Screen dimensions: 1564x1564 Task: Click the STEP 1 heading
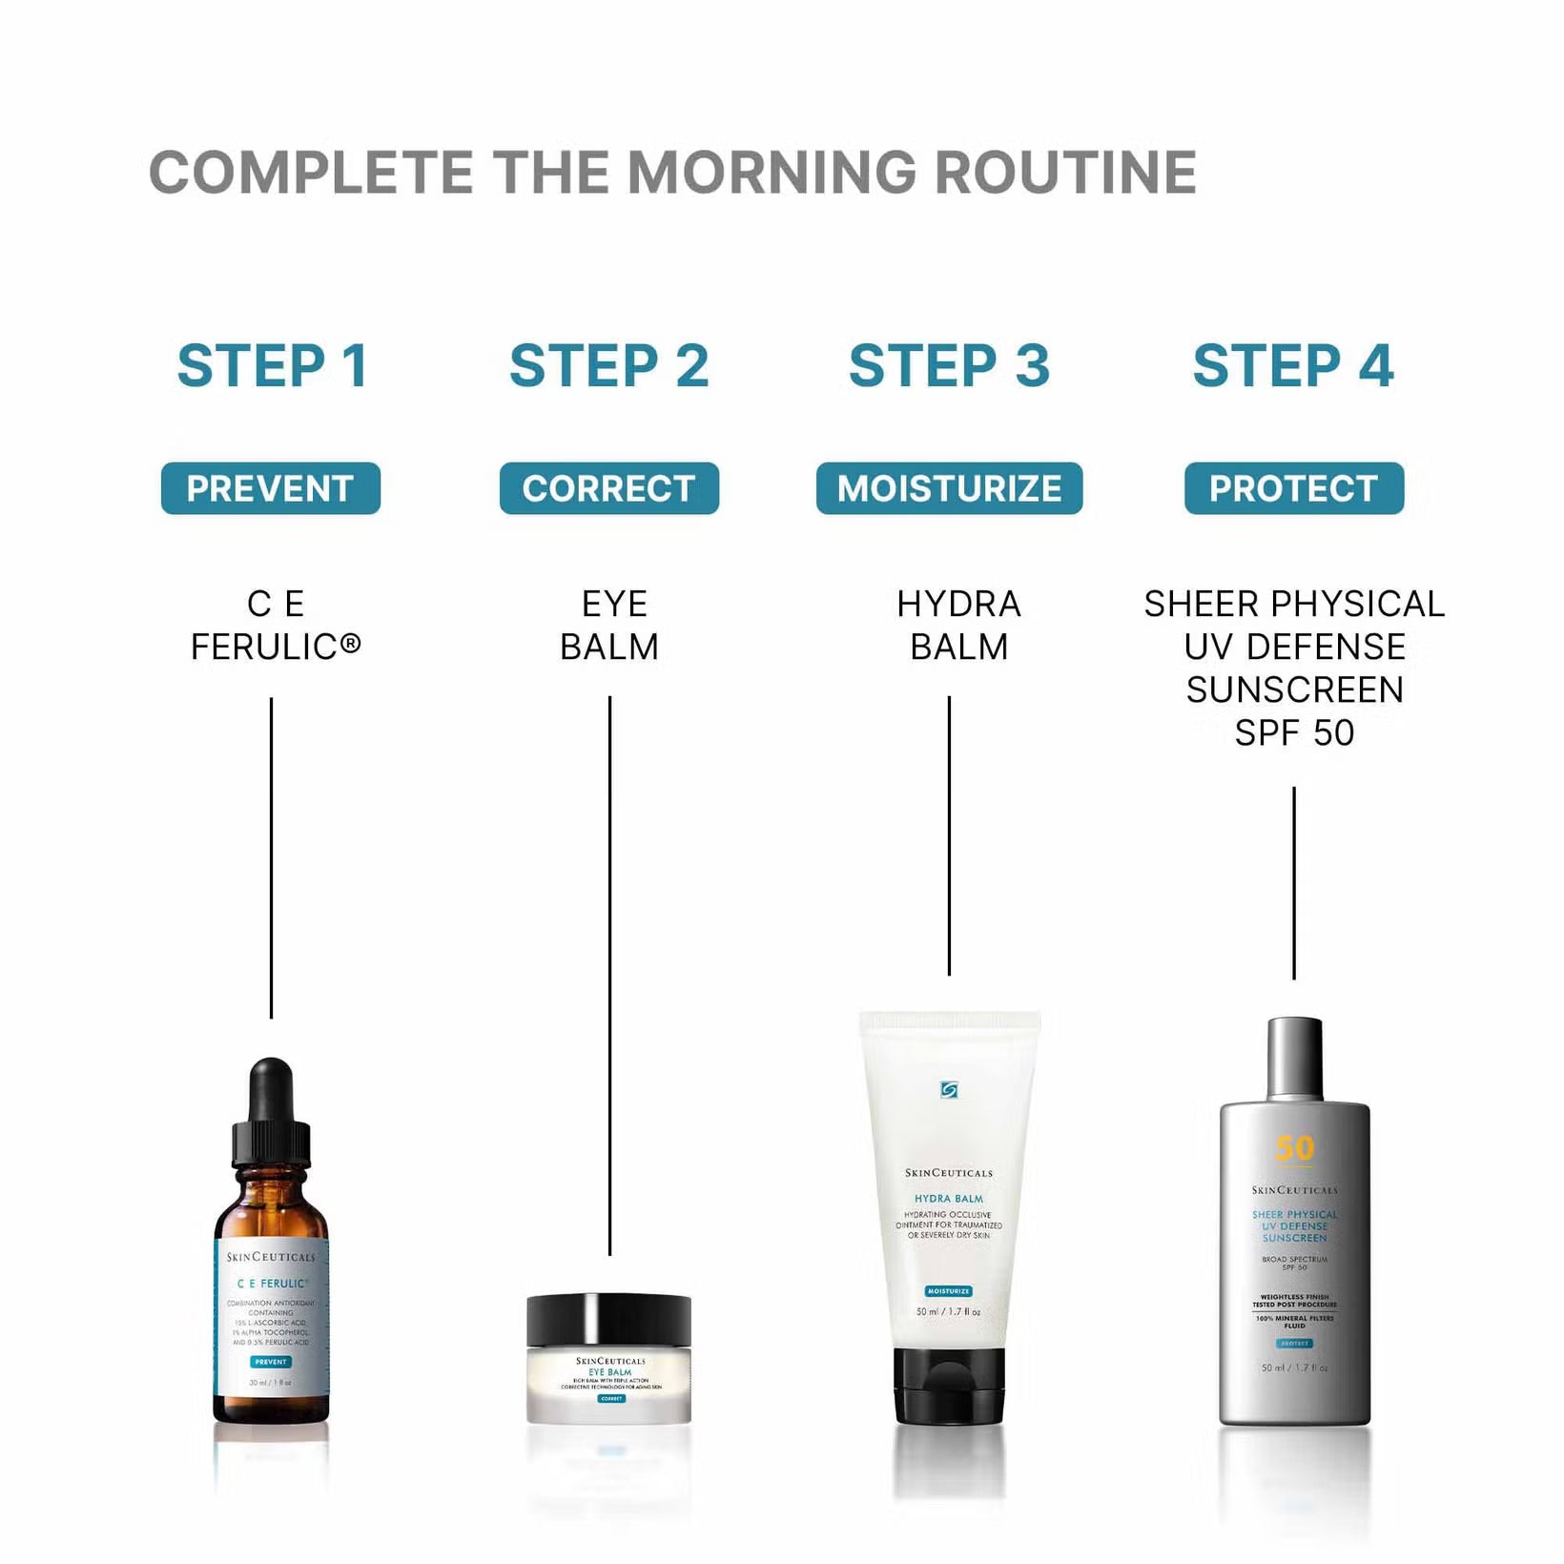click(x=273, y=366)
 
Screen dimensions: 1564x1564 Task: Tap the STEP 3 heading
click(x=949, y=366)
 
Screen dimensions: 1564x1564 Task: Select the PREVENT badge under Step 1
click(x=271, y=488)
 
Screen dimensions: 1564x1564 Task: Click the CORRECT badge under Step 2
click(x=609, y=488)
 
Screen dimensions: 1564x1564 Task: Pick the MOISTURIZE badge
click(x=949, y=488)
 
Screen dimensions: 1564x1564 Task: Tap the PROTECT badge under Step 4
click(x=1294, y=488)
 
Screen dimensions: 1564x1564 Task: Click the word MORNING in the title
click(x=772, y=173)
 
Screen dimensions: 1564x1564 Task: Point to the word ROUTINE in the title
click(x=1065, y=173)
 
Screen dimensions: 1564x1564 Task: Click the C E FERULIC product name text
click(x=275, y=626)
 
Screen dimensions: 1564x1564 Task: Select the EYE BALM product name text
click(x=610, y=626)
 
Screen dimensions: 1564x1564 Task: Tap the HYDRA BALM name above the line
click(x=958, y=626)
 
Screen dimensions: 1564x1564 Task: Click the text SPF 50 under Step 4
click(x=1294, y=732)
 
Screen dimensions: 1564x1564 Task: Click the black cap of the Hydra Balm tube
click(x=949, y=1385)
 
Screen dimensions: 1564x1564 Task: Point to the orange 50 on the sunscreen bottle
click(x=1294, y=1148)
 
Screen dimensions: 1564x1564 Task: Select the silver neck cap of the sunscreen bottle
click(x=1294, y=1059)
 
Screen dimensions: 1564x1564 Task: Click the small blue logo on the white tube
click(x=949, y=1089)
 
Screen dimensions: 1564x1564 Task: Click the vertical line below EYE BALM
click(x=609, y=973)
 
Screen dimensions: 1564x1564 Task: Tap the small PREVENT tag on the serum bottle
click(x=271, y=1362)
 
